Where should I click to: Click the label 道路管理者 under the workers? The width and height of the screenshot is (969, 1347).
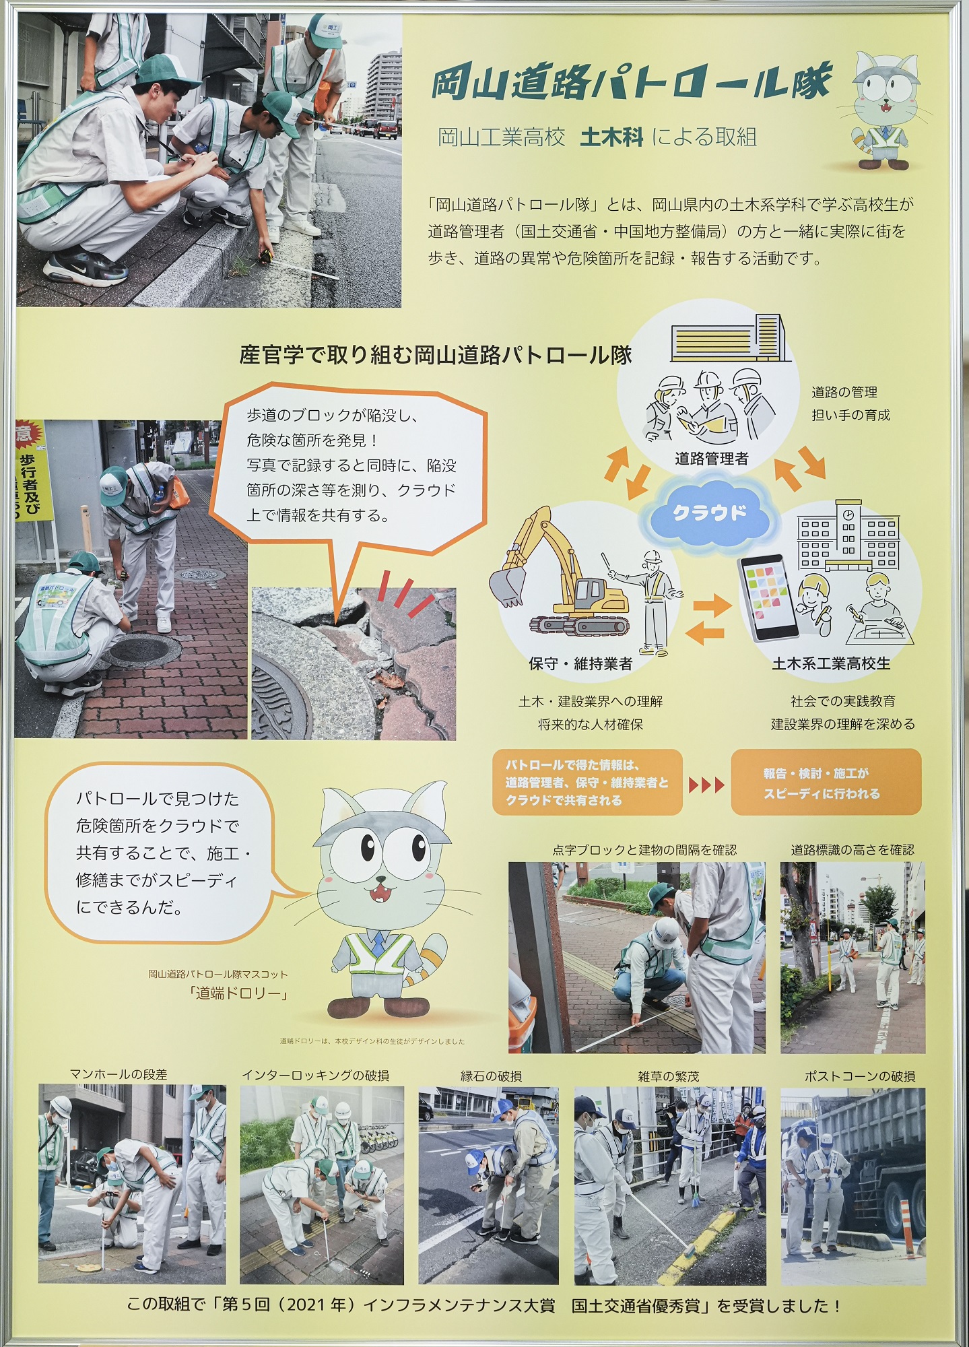pyautogui.click(x=712, y=459)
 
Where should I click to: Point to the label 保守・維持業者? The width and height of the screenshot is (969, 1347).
pyautogui.click(x=580, y=663)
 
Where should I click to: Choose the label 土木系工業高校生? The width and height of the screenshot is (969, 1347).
pyautogui.click(x=831, y=663)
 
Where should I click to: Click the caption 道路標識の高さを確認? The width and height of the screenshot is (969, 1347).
pyautogui.click(x=853, y=850)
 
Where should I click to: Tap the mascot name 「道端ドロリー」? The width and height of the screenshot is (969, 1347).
pyautogui.click(x=239, y=993)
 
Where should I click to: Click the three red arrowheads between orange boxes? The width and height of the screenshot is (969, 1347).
pyautogui.click(x=706, y=784)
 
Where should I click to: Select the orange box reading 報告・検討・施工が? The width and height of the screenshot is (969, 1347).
pyautogui.click(x=826, y=782)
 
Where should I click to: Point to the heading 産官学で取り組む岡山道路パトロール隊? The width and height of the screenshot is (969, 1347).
pyautogui.click(x=436, y=355)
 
